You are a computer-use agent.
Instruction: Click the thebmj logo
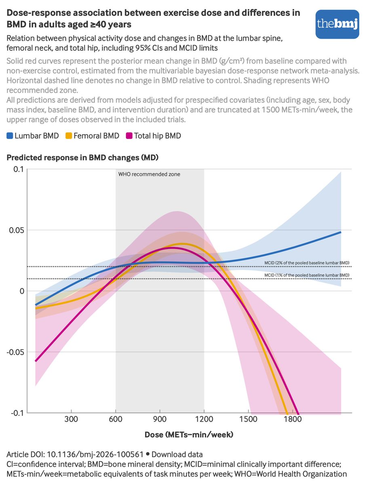tap(337, 24)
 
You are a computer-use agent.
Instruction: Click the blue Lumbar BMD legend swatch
tap(10, 136)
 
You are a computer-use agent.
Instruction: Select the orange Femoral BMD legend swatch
tap(69, 136)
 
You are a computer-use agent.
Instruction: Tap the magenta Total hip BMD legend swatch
tap(129, 136)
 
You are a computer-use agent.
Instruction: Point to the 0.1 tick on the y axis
tap(18, 169)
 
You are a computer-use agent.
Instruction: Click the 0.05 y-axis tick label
tap(16, 230)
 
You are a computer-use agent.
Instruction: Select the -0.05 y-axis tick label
tap(15, 352)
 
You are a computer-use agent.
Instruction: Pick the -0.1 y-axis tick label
tap(17, 413)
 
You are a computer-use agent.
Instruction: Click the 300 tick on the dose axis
tap(71, 419)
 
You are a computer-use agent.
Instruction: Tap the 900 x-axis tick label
tap(160, 419)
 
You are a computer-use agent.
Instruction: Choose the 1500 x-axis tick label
tap(248, 419)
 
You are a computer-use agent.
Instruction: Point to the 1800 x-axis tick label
tap(293, 419)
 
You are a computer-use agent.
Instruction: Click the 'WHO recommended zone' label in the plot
tap(149, 174)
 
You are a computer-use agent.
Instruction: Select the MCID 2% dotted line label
tap(307, 263)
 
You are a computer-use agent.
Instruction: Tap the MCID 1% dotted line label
tap(307, 275)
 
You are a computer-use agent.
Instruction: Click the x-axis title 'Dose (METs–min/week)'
tap(189, 434)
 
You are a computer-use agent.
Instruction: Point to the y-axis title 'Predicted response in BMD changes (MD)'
tap(82, 158)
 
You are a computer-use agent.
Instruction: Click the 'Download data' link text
tap(177, 455)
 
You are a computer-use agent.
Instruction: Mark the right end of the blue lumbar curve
tap(341, 232)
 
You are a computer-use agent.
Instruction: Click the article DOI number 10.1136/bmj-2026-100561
tap(95, 455)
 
